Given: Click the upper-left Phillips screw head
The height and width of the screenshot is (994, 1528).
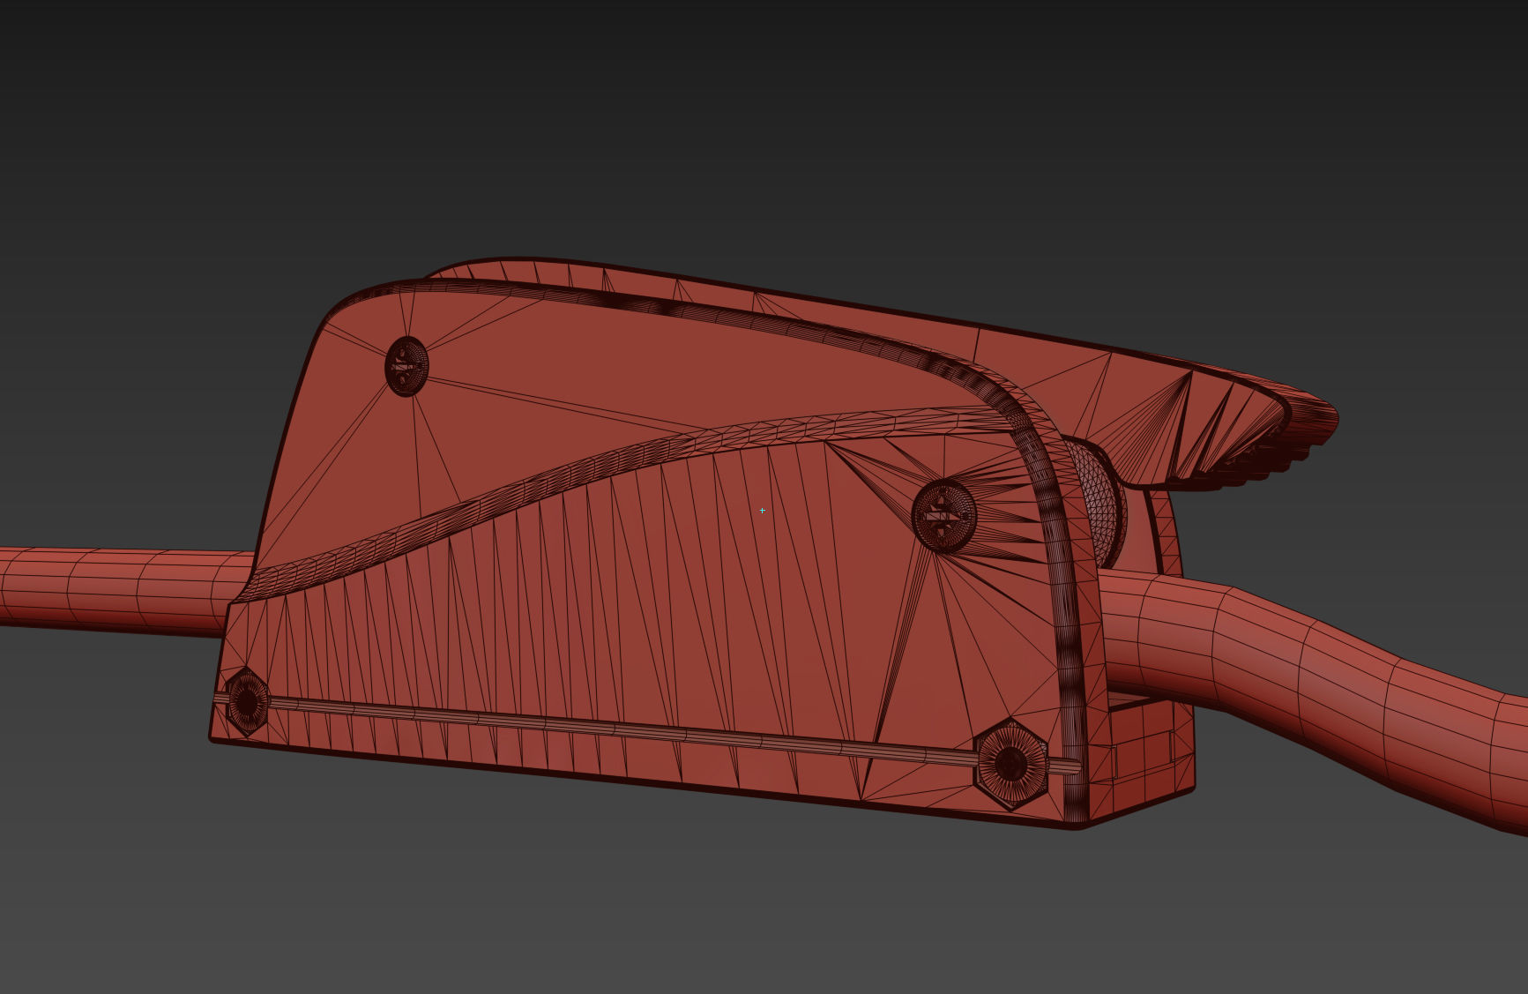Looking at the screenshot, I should [x=406, y=364].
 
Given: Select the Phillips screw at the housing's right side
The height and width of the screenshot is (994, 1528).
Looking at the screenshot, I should [x=943, y=514].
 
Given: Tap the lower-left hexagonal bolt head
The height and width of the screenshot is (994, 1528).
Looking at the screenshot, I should [x=246, y=701].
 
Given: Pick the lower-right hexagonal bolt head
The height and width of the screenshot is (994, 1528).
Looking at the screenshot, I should [x=1010, y=764].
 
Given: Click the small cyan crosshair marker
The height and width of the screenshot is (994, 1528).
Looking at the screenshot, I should [x=762, y=510].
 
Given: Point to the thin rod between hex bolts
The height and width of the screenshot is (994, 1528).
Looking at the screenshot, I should [x=617, y=729].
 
